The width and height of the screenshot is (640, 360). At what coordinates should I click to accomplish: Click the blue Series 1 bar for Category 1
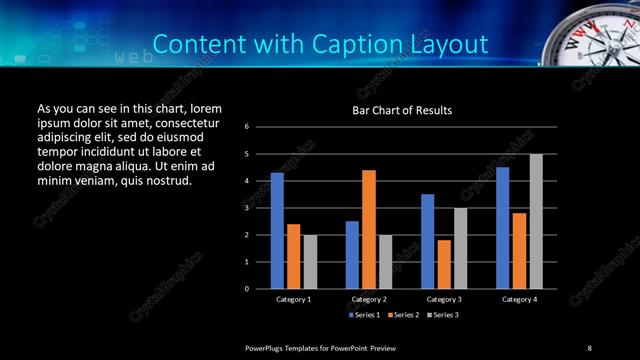click(277, 230)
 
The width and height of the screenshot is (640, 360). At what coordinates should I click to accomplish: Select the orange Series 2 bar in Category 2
click(369, 229)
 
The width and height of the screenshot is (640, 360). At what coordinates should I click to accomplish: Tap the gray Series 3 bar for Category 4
click(536, 221)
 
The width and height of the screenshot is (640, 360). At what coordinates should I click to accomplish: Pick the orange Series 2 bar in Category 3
click(444, 264)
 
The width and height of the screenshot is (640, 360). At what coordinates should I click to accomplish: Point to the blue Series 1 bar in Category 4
click(502, 227)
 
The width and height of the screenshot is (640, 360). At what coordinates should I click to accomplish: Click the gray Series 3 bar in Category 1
click(310, 261)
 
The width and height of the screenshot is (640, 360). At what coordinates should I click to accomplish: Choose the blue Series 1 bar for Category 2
click(352, 254)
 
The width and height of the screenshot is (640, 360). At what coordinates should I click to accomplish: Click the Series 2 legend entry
click(402, 315)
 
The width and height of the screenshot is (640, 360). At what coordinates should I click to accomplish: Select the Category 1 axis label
click(293, 299)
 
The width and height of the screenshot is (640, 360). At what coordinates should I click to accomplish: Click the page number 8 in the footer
click(589, 347)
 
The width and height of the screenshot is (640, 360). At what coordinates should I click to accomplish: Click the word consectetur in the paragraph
click(184, 121)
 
